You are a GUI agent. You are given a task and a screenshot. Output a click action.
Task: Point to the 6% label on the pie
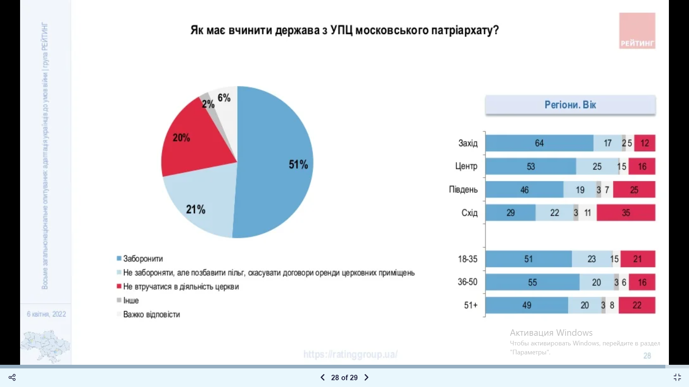(x=224, y=98)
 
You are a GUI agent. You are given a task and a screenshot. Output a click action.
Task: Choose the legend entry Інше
(x=131, y=300)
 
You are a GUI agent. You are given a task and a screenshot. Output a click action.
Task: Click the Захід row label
(x=468, y=143)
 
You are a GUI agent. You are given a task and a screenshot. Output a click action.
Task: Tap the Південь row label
(x=463, y=190)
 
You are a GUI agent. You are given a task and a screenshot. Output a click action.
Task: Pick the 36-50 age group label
(x=468, y=282)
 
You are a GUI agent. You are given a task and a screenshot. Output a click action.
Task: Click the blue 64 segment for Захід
(x=539, y=143)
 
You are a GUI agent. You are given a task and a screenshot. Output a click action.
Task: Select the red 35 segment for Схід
(x=626, y=213)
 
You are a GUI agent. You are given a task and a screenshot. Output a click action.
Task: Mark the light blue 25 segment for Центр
(x=597, y=167)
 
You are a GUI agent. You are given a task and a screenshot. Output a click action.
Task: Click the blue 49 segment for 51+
(x=526, y=305)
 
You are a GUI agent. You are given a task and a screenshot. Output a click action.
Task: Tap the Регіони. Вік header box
(x=570, y=105)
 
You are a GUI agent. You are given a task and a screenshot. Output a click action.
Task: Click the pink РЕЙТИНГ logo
(x=637, y=31)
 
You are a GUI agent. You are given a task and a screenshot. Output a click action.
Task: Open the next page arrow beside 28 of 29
(x=366, y=377)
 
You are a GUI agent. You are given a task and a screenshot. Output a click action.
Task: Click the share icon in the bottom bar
(x=12, y=377)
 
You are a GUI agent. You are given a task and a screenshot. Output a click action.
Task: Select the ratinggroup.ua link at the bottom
(x=350, y=354)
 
